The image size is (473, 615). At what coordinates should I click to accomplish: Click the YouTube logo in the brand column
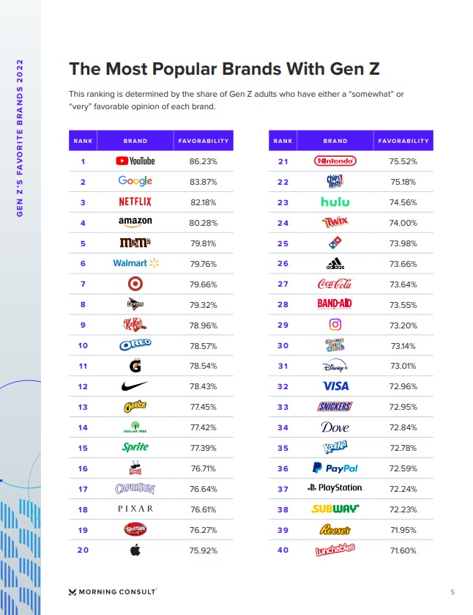coord(135,161)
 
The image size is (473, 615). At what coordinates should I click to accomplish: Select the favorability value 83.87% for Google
coord(203,182)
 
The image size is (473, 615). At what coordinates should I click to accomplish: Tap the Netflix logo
coord(135,202)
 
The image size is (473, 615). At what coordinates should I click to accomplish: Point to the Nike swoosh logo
coord(135,386)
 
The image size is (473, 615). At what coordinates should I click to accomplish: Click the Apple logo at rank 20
coord(135,550)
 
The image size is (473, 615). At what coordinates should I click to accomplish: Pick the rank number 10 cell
coord(83,345)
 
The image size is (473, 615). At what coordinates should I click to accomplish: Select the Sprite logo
coord(135,447)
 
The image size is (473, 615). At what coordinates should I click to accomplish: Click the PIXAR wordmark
coord(135,509)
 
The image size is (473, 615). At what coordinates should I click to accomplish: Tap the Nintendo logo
coord(335,161)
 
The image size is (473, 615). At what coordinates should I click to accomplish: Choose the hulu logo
coord(335,202)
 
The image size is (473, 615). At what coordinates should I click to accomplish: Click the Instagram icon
coord(335,325)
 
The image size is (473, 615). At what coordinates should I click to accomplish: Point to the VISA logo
coord(335,386)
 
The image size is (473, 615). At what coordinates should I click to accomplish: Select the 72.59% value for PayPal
coord(403,468)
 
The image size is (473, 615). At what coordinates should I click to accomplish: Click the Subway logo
coord(335,509)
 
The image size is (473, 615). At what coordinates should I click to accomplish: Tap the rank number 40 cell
coord(283,550)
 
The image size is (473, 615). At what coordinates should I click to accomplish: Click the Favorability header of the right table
coord(403,141)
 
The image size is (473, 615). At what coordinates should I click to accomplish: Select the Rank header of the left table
coord(83,141)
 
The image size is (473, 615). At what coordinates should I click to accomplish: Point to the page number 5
coord(452,591)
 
